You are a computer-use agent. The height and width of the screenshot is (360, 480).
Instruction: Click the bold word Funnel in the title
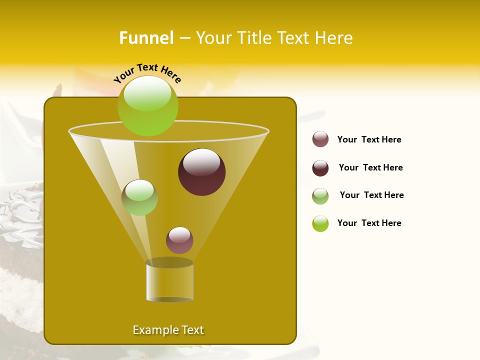[146, 38]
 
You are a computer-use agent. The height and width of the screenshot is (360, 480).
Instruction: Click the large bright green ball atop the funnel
[147, 105]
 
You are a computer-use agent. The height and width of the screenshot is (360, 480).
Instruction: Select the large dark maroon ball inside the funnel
[201, 172]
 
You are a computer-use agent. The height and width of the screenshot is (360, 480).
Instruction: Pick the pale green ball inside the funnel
[139, 197]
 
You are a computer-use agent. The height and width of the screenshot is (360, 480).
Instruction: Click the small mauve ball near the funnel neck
[179, 240]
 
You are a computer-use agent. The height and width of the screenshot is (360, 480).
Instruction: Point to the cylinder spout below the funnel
[169, 281]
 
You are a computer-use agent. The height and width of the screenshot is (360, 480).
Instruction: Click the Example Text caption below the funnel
[168, 330]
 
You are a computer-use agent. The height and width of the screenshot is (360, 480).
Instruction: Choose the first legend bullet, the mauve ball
[320, 139]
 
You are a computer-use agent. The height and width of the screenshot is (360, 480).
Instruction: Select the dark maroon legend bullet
[320, 168]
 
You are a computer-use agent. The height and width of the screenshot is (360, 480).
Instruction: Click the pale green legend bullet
[320, 196]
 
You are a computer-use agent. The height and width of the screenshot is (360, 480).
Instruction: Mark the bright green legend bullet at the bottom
[320, 223]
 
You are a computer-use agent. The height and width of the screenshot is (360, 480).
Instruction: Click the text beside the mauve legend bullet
[369, 139]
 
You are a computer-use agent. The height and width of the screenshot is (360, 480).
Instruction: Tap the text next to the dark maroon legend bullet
[370, 167]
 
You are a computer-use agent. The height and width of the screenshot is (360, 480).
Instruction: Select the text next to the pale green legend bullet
[371, 195]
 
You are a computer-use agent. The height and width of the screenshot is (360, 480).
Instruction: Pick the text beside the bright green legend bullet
[369, 223]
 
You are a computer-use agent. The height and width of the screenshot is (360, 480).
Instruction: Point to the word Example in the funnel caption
[152, 330]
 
